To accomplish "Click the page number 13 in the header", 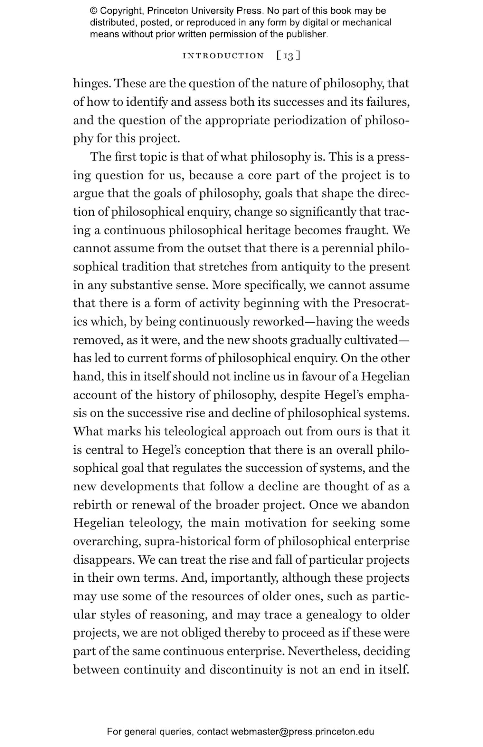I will [289, 56].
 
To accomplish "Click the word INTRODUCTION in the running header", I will [223, 56].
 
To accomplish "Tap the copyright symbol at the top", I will [93, 11].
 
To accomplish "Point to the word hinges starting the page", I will [92, 84].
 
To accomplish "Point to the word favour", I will [317, 377].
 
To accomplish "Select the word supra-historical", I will [188, 542].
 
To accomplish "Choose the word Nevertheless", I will [323, 652].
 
